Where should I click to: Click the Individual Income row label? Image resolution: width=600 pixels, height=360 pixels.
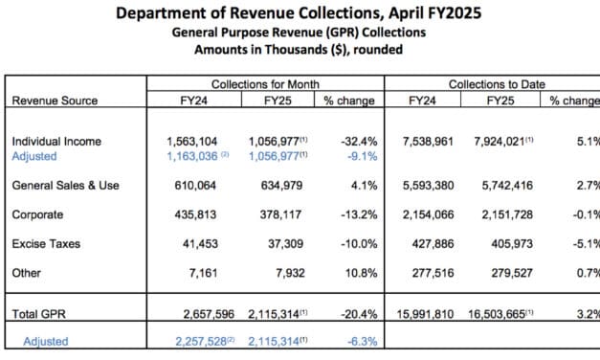[x=56, y=142]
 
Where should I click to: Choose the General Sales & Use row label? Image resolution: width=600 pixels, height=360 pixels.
[x=65, y=185]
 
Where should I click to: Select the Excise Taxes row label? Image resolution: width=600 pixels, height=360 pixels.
[x=44, y=245]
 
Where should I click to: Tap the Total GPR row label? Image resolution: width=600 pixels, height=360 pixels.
[x=37, y=313]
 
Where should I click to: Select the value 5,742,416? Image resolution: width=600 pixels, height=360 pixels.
[x=500, y=185]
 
